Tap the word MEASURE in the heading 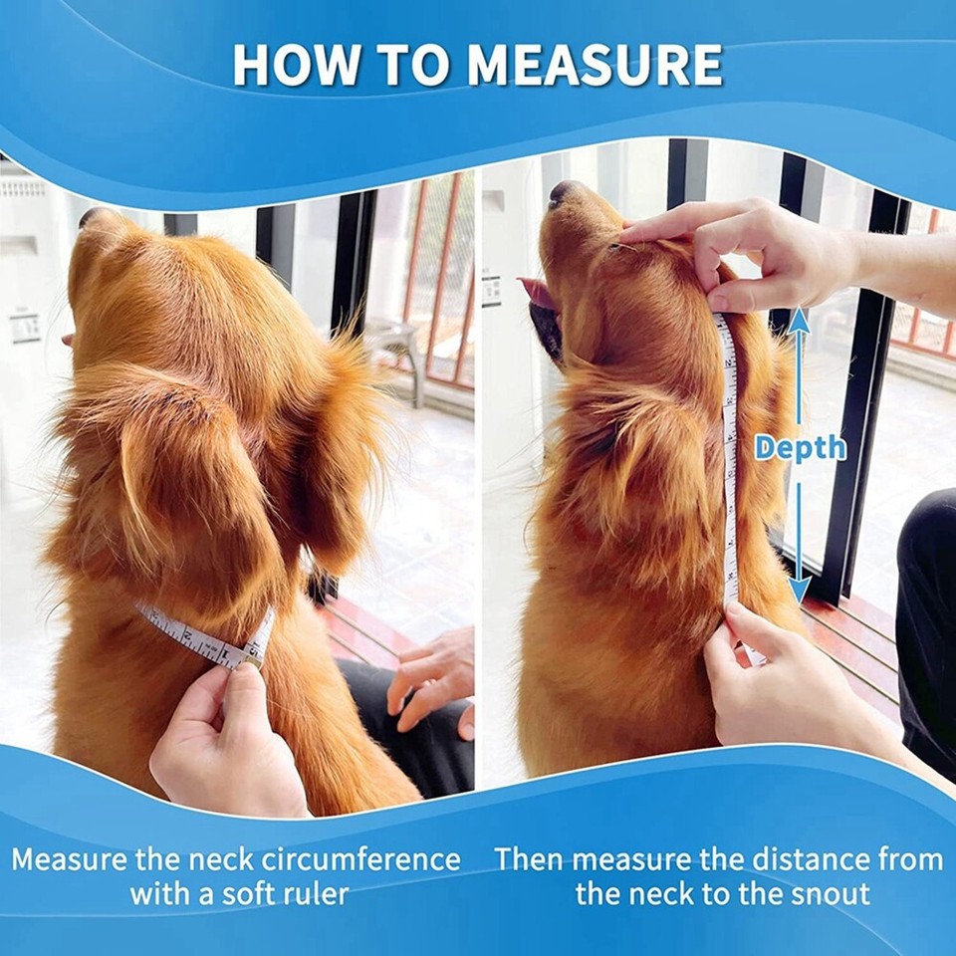(x=596, y=65)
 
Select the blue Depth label (x=800, y=448)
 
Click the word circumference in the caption (x=361, y=858)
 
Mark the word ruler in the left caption (x=315, y=893)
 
